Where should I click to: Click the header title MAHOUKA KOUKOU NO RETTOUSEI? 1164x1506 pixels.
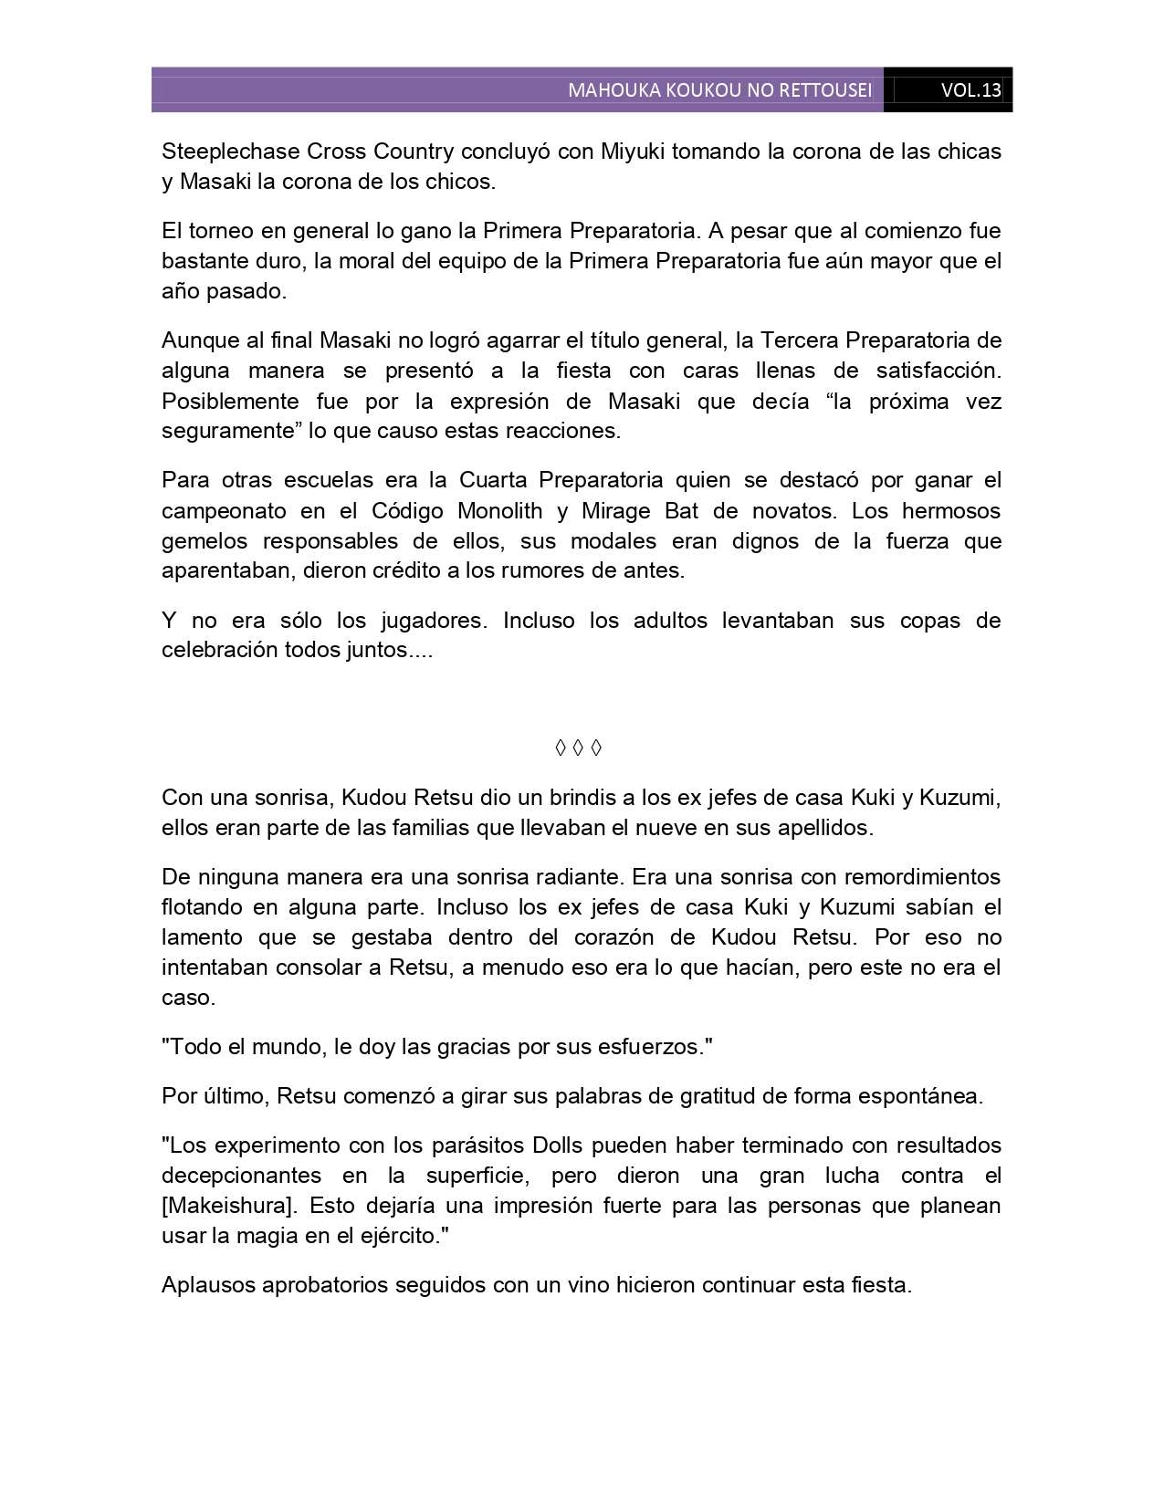(719, 90)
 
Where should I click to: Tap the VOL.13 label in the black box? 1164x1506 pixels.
(970, 90)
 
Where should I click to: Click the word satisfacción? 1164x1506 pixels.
(939, 371)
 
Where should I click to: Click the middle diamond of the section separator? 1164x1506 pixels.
(578, 748)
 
